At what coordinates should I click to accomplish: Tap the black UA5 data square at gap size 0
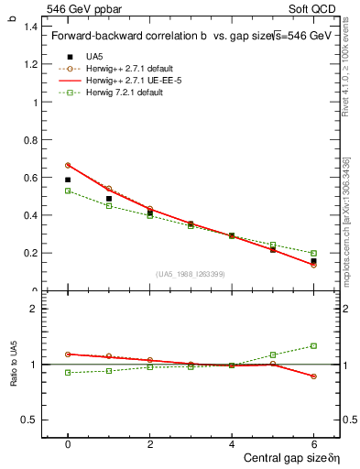click(x=68, y=180)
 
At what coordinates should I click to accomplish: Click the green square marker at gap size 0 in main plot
click(x=68, y=191)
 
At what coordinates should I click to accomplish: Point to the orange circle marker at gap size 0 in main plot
click(x=68, y=166)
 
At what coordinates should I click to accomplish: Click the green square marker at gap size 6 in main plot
click(x=313, y=253)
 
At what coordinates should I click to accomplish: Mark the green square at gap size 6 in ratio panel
click(x=313, y=345)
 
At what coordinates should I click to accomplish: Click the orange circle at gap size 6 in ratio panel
click(x=313, y=376)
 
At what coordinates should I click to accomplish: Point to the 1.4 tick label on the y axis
click(x=30, y=27)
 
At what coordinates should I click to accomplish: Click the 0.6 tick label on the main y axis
click(x=30, y=178)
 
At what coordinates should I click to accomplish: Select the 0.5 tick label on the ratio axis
click(x=30, y=420)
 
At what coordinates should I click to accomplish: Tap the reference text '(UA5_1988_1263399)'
click(x=191, y=274)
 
